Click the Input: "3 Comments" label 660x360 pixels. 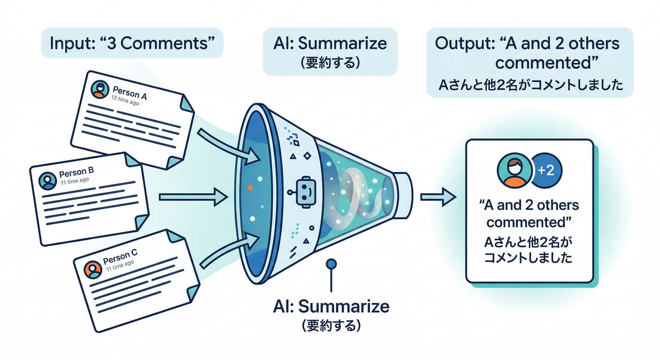(x=132, y=43)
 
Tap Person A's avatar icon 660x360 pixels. (x=99, y=89)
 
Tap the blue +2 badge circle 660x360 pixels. (x=547, y=170)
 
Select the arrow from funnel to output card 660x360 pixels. (x=437, y=197)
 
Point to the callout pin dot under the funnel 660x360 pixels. (x=331, y=264)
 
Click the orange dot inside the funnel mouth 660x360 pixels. (x=250, y=187)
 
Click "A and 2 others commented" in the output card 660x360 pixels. (x=529, y=213)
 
